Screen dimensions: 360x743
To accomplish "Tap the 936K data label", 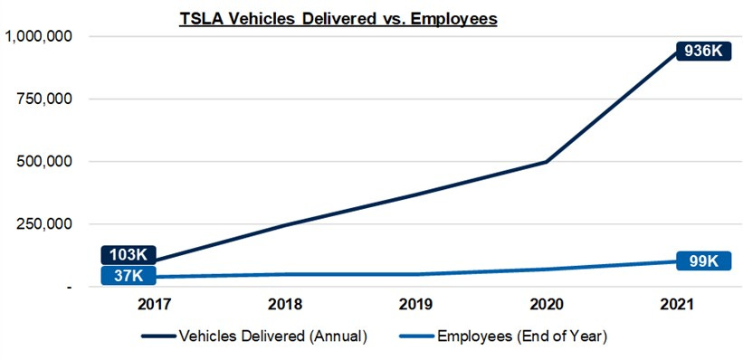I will tap(702, 52).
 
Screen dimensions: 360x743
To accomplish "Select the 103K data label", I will tap(129, 255).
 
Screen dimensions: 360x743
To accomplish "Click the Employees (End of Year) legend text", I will tap(521, 336).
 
